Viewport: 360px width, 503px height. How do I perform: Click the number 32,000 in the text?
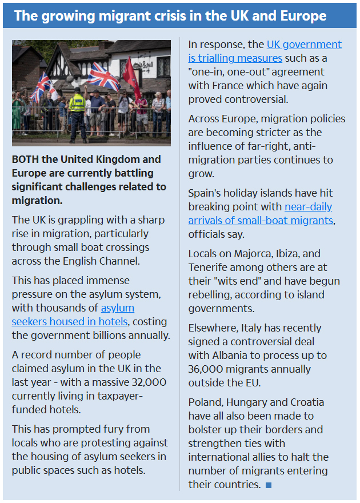point(141,382)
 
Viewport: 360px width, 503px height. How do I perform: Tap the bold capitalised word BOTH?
point(24,159)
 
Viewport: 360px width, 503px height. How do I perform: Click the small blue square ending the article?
point(269,485)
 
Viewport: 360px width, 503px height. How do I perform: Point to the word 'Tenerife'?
point(209,268)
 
